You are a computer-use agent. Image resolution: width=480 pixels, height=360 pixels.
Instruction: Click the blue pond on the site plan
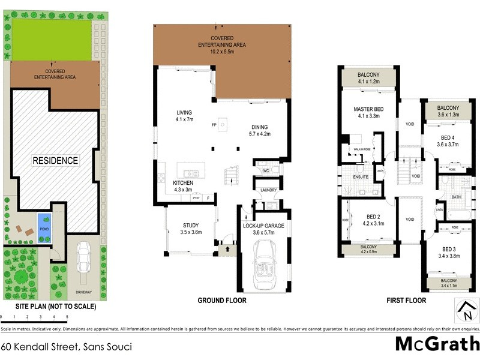(x=44, y=221)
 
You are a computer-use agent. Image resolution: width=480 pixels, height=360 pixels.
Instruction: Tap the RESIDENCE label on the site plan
(x=55, y=160)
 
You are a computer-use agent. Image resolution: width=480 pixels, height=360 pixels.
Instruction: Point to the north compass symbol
(x=466, y=311)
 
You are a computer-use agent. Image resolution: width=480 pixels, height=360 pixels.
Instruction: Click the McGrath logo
(x=436, y=344)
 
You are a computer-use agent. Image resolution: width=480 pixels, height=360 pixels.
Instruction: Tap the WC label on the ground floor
(x=265, y=170)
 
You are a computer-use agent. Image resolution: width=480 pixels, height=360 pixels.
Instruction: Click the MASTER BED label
(x=368, y=109)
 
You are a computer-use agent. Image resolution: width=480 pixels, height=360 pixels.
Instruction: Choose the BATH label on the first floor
(x=456, y=196)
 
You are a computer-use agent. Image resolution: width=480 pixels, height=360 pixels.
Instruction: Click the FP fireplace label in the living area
(x=214, y=125)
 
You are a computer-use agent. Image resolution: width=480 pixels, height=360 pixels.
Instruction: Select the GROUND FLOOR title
(x=222, y=301)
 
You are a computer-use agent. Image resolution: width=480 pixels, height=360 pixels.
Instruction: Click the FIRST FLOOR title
(x=406, y=301)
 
